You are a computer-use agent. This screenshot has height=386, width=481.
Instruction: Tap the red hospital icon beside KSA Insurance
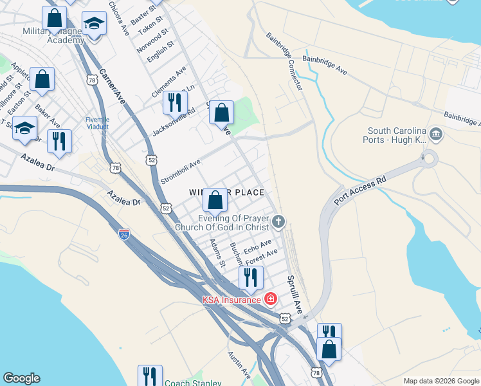click(x=270, y=299)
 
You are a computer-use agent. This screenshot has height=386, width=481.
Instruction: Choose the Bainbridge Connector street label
click(x=284, y=62)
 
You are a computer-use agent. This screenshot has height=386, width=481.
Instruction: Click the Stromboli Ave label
click(x=181, y=172)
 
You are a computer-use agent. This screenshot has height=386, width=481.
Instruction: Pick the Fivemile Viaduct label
click(x=98, y=123)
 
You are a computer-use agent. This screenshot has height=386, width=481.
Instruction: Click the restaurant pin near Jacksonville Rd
click(x=174, y=102)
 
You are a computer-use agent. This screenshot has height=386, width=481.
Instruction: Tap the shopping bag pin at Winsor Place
click(x=215, y=199)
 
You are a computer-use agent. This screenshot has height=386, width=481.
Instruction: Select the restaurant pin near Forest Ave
click(x=251, y=277)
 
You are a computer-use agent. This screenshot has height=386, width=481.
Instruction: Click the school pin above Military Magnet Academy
click(x=95, y=24)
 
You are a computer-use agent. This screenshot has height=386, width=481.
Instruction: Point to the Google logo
click(x=21, y=378)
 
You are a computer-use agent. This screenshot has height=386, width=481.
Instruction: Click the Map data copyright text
click(x=440, y=381)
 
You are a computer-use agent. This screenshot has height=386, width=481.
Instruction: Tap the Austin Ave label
click(x=238, y=364)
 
